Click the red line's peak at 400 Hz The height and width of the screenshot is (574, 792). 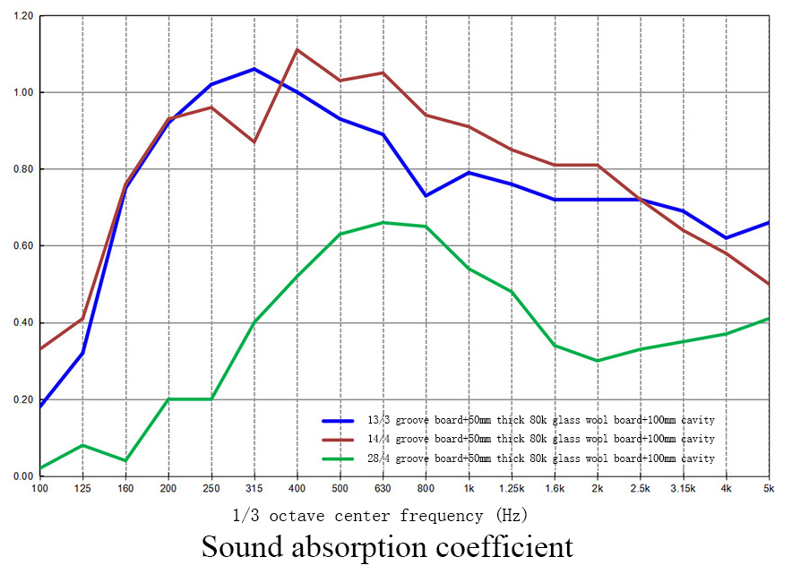point(297,50)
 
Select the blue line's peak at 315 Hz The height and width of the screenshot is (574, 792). point(254,69)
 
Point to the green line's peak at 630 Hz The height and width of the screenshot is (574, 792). point(383,222)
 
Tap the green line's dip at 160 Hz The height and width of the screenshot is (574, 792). point(125,460)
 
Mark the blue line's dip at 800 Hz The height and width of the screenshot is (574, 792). point(426,195)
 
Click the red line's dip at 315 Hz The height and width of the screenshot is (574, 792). point(254,141)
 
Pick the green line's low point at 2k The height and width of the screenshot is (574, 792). point(598,361)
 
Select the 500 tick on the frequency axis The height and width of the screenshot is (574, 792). point(340,488)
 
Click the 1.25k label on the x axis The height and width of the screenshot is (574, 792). point(512,488)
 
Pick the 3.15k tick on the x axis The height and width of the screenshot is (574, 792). point(683,488)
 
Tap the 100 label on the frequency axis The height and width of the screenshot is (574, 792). point(39,488)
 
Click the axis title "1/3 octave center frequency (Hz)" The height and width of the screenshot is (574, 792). point(381,515)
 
